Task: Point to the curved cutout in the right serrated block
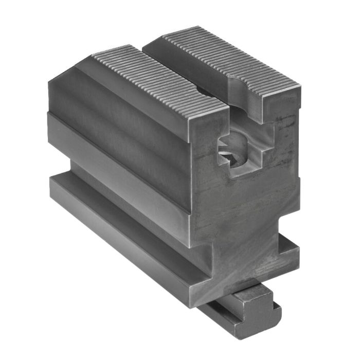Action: click(x=242, y=87)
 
